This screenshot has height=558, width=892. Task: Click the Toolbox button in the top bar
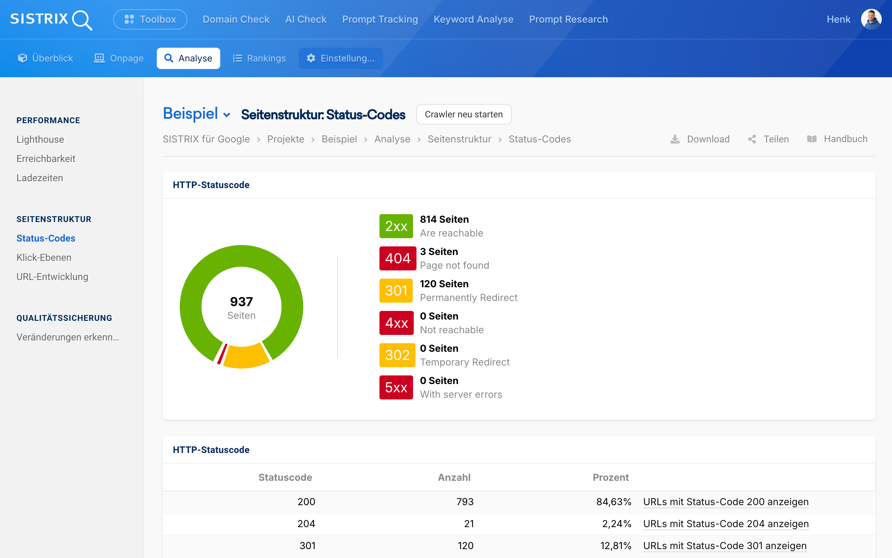(150, 19)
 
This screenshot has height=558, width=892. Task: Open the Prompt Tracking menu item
(380, 19)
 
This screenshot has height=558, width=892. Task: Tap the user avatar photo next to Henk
(871, 19)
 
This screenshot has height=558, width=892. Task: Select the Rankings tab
(259, 58)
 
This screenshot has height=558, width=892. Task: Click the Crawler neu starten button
(464, 114)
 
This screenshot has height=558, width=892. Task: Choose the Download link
(700, 139)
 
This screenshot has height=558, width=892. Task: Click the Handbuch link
(837, 139)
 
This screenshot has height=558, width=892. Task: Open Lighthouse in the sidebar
(40, 139)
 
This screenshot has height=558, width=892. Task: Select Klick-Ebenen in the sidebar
(44, 258)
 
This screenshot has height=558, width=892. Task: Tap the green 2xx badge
(396, 226)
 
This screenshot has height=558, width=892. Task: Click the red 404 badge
(398, 258)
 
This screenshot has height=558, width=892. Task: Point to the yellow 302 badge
(397, 355)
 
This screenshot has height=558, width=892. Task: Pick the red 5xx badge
(396, 387)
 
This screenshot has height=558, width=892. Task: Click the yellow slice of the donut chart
(246, 357)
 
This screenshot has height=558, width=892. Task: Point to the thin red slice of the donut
(222, 354)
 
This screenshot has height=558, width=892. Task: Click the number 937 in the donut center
(242, 302)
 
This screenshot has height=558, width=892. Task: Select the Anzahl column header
(454, 478)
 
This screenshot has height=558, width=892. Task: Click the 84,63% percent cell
(614, 502)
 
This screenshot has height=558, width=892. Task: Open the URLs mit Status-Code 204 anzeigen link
(726, 524)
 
